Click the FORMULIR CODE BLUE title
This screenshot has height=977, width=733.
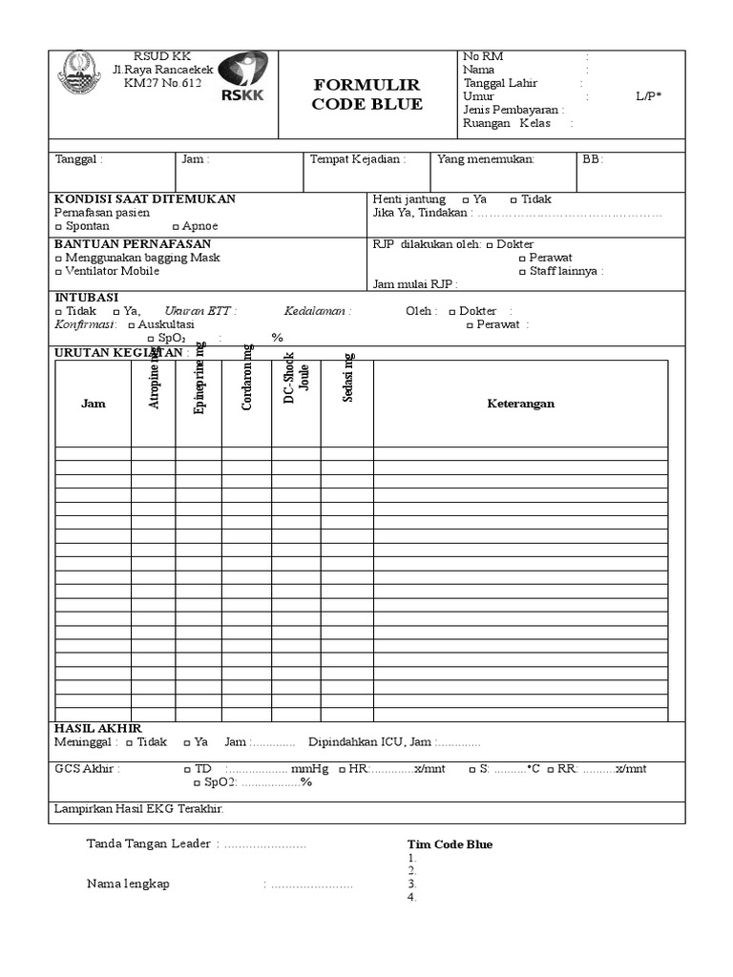(x=366, y=94)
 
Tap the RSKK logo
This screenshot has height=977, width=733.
(x=242, y=76)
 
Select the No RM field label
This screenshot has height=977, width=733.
(x=483, y=57)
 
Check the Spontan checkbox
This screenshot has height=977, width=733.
(x=59, y=227)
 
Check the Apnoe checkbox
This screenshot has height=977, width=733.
(x=176, y=227)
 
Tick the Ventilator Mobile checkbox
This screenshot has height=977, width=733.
(x=59, y=271)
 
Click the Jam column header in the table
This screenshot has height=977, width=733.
(x=94, y=404)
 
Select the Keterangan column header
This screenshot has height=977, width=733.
(x=520, y=404)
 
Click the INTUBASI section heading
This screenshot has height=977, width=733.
(x=86, y=298)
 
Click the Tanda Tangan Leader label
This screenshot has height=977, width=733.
(x=152, y=843)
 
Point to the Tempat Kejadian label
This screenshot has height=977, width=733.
(x=357, y=159)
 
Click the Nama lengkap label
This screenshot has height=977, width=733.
(x=128, y=883)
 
